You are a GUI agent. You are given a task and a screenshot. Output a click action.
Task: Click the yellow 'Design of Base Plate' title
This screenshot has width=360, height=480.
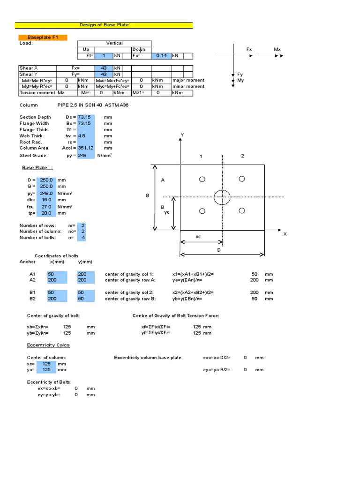pyautogui.click(x=104, y=25)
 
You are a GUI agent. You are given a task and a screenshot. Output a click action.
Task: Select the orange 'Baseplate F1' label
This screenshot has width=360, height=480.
pyautogui.click(x=42, y=37)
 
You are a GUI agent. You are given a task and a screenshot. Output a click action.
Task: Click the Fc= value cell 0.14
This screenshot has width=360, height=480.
pyautogui.click(x=161, y=56)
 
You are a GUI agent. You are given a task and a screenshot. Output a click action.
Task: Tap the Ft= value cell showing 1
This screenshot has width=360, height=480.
pyautogui.click(x=104, y=56)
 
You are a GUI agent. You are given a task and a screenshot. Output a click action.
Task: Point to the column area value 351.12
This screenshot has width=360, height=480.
pyautogui.click(x=86, y=148)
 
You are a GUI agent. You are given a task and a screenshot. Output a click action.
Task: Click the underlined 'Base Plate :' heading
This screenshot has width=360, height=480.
pyautogui.click(x=37, y=167)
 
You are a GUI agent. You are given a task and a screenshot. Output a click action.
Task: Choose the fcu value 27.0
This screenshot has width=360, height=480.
pyautogui.click(x=46, y=206)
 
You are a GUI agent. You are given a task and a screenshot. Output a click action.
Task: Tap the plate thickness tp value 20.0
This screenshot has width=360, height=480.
pyautogui.click(x=46, y=213)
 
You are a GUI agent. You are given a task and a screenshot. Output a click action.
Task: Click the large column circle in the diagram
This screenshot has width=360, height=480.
pyautogui.click(x=222, y=197)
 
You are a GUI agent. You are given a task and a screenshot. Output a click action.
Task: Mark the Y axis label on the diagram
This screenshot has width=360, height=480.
pyautogui.click(x=182, y=135)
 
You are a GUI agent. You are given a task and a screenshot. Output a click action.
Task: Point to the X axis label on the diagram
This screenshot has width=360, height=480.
pyautogui.click(x=285, y=234)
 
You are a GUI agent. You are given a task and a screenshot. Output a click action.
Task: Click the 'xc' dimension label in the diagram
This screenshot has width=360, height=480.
pyautogui.click(x=198, y=237)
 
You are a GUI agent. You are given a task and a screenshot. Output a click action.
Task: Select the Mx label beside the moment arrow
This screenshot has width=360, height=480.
pyautogui.click(x=277, y=49)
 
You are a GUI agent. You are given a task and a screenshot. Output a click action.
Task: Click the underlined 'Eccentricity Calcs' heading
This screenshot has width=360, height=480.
pyautogui.click(x=48, y=345)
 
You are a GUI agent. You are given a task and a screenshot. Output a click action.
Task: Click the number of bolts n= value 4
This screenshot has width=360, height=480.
pyautogui.click(x=82, y=238)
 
